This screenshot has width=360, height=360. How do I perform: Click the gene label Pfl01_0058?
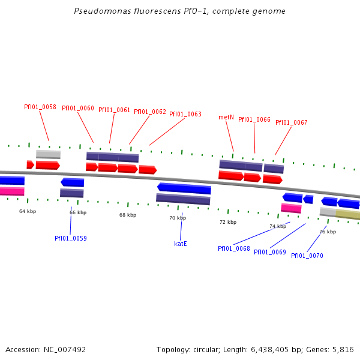coord(40,107)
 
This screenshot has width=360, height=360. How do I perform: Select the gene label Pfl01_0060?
coord(78,108)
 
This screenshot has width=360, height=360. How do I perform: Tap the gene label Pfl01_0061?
coord(114,110)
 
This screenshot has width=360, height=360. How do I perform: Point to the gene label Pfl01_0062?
coord(150,112)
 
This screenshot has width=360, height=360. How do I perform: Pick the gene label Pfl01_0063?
coord(185,114)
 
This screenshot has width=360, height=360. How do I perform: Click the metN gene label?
coord(226,117)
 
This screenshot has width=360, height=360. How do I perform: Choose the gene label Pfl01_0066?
coord(254,119)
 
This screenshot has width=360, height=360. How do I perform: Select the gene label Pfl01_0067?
coord(292,122)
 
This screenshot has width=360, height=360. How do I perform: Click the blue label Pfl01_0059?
coord(71,238)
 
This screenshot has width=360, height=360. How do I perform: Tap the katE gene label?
coord(181,244)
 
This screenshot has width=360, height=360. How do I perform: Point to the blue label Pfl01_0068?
coord(234,248)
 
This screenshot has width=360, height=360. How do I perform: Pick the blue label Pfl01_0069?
coord(270,252)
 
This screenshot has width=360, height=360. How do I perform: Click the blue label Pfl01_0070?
coord(307,256)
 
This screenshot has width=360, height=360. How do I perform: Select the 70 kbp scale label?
coord(178,218)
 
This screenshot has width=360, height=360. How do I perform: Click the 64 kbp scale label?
coord(28,211)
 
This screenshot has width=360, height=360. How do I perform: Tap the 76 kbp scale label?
coord(327,232)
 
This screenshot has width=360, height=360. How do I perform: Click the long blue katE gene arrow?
coord(184,188)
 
